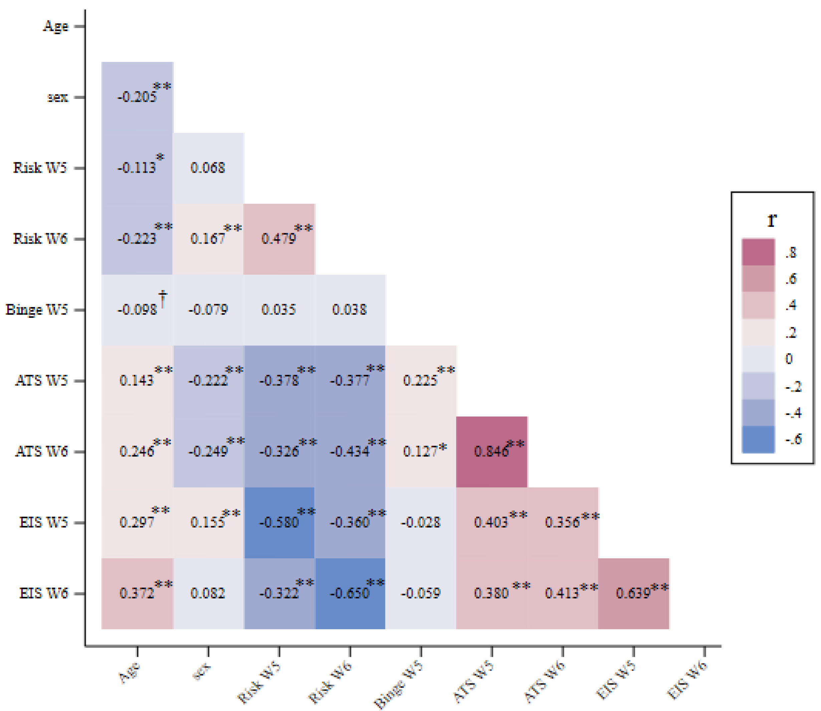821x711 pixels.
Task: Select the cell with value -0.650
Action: (x=350, y=593)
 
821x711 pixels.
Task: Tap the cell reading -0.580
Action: (x=279, y=523)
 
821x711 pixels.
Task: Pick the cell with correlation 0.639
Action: (x=633, y=593)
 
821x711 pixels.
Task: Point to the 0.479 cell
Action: (x=279, y=239)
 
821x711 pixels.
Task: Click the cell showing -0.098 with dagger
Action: (x=137, y=309)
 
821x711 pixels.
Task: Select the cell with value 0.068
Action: (x=208, y=168)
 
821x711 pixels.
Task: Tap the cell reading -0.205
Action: (x=137, y=97)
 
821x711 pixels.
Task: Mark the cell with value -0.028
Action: (x=421, y=523)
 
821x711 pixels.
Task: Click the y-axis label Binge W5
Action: (x=36, y=309)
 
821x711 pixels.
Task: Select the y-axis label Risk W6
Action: (x=40, y=239)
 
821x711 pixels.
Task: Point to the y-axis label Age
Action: (x=55, y=26)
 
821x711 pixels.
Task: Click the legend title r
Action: (x=772, y=220)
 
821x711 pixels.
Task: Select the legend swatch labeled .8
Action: (x=758, y=252)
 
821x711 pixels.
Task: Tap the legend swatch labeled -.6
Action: (x=758, y=439)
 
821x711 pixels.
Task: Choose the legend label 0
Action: (x=789, y=359)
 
